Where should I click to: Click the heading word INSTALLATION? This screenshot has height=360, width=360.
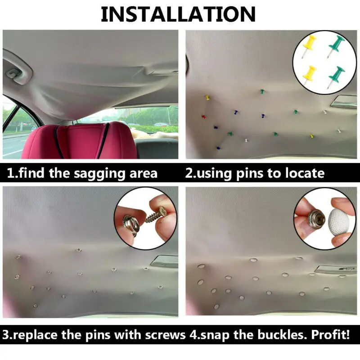click(x=178, y=14)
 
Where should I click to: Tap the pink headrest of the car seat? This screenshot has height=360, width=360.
click(x=79, y=141)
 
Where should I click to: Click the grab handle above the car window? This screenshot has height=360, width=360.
click(x=17, y=70)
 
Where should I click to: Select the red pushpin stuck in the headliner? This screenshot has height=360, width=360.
click(x=204, y=117)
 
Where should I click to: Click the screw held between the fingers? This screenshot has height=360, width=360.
click(x=156, y=215)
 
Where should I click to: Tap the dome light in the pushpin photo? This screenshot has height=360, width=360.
click(x=343, y=102)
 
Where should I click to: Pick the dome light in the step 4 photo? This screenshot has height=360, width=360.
click(x=335, y=270)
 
